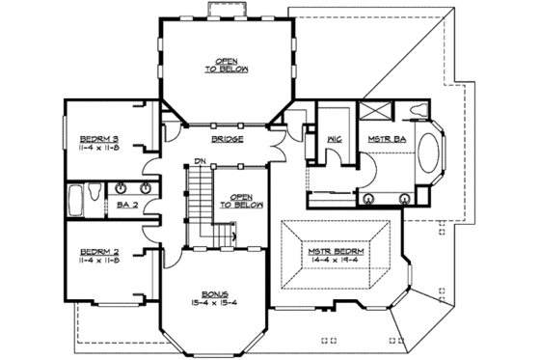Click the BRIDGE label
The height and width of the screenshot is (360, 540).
[x=225, y=139]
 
